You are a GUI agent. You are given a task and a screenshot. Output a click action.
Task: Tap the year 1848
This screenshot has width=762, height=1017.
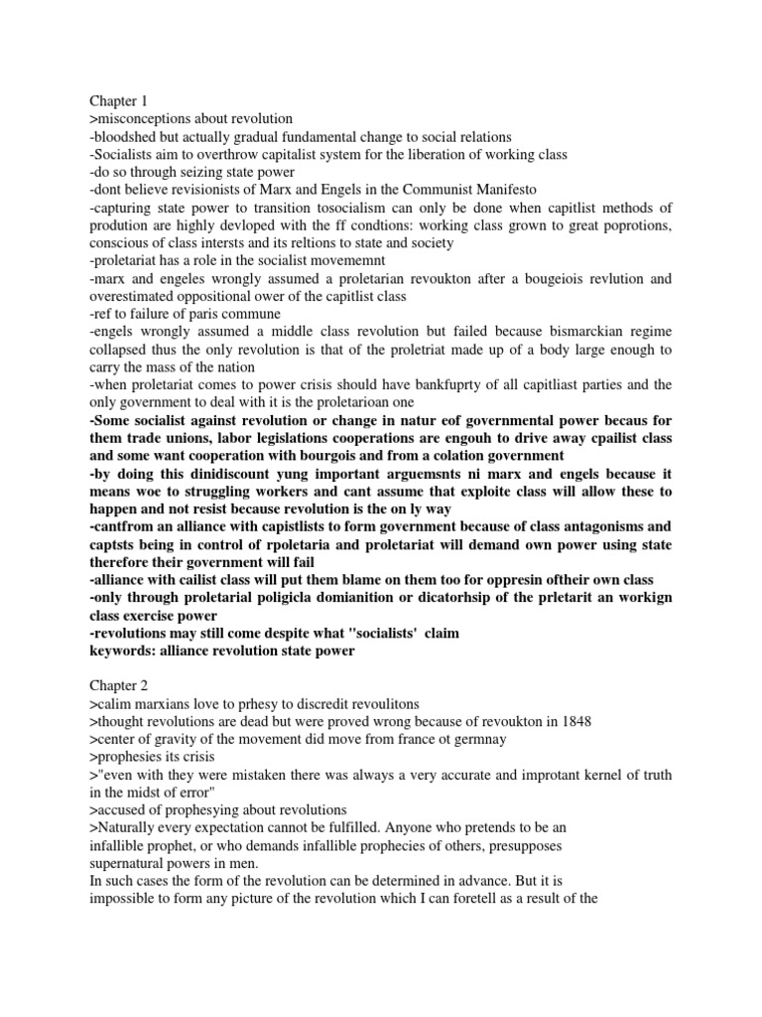[574, 721]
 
